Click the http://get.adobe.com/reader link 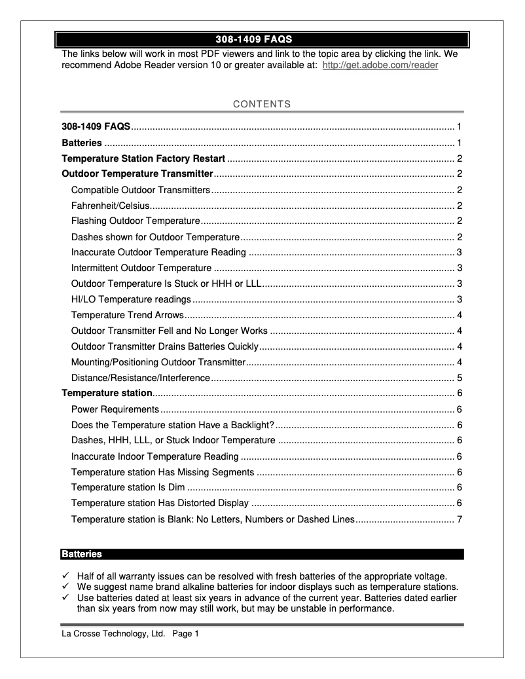pos(380,65)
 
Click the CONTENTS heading pos(262,104)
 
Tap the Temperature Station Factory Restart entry pos(143,158)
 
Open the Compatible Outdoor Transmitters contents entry pos(140,190)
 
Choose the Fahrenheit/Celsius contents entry pos(110,206)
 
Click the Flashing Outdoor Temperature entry pos(136,221)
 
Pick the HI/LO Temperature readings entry pos(131,300)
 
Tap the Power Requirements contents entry pos(115,410)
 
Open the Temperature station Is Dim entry pos(128,487)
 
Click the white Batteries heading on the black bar pos(82,555)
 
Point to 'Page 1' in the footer pos(185,634)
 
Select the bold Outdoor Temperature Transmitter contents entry pos(137,174)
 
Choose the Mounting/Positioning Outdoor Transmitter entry pos(158,363)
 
